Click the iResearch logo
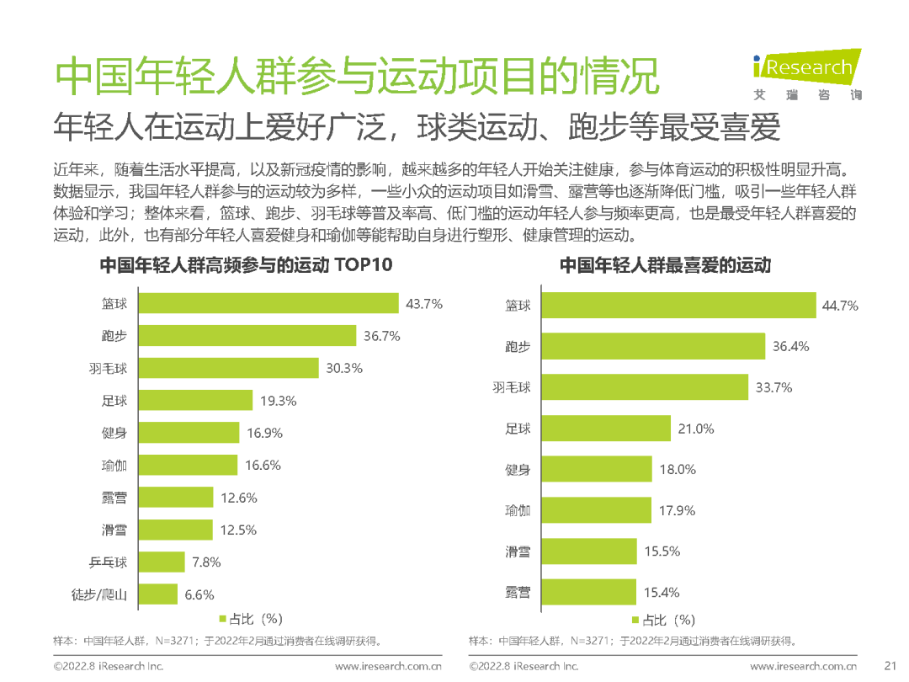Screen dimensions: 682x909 pos(805,74)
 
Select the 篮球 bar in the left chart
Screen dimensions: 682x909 pos(268,303)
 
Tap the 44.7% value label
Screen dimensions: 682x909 pos(840,306)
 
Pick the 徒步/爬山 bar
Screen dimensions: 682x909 pos(157,594)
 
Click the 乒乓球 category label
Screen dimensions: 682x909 pos(109,562)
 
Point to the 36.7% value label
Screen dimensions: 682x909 pos(381,336)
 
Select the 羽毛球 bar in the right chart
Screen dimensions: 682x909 pos(644,387)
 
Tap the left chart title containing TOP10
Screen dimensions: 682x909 pos(247,265)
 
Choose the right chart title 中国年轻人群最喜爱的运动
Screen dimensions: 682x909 pos(665,265)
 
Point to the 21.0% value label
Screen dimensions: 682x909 pos(696,429)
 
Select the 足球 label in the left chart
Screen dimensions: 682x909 pos(114,401)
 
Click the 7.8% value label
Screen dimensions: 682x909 pos(207,562)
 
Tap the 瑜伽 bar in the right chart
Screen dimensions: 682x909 pos(595,510)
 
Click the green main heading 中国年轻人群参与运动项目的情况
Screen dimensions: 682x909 pos(357,78)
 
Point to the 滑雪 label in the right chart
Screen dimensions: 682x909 pos(518,551)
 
